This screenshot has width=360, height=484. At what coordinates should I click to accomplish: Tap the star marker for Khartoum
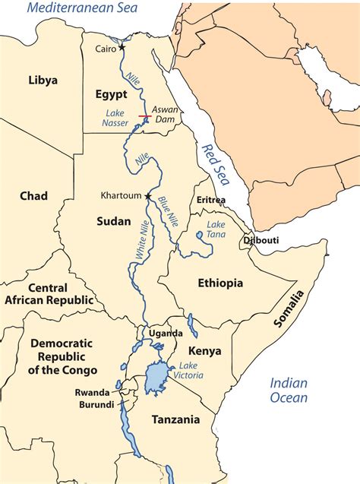(148, 196)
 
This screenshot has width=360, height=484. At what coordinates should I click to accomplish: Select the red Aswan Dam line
(144, 116)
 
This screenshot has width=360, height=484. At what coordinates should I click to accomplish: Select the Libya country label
(43, 80)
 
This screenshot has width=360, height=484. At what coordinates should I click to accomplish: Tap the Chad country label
(33, 196)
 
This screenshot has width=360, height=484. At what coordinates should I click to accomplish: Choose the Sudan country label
(115, 221)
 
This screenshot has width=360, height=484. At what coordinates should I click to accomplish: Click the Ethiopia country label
(220, 283)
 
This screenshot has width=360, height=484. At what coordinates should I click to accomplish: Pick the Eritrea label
(211, 200)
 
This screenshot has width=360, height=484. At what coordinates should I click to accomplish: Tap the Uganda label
(166, 333)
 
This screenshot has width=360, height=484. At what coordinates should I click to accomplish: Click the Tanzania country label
(175, 419)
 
